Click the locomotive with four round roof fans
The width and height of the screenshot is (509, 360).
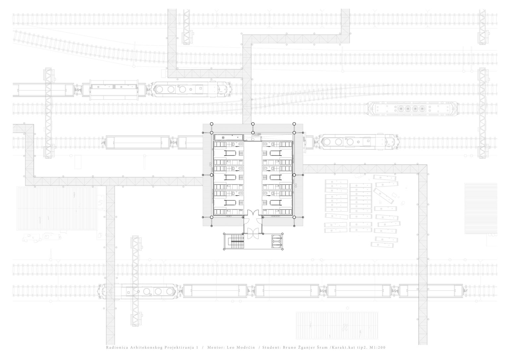[x=412, y=109]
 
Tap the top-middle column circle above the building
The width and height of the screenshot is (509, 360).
[x=253, y=124]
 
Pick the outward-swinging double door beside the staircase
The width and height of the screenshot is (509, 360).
[x=253, y=233]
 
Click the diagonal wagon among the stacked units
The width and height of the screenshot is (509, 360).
[x=383, y=196]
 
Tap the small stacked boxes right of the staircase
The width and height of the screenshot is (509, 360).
[x=277, y=241]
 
